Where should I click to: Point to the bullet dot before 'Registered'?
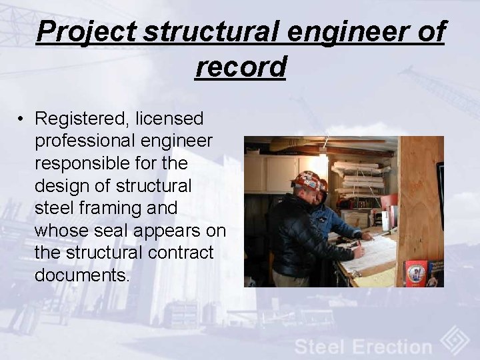[x=22, y=120]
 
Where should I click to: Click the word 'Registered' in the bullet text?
[x=82, y=119]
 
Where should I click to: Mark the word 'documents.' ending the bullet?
[x=82, y=275]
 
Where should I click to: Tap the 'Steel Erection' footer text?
[x=363, y=347]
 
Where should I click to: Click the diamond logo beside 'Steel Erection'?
[x=456, y=340]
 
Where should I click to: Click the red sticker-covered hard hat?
[x=310, y=181]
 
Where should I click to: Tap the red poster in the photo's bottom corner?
[x=415, y=273]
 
